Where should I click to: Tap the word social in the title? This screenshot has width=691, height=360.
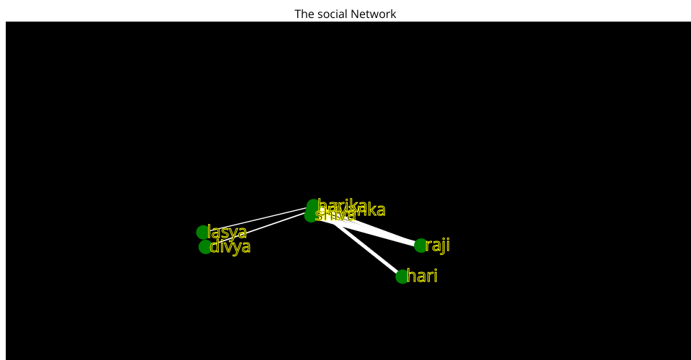[329, 14]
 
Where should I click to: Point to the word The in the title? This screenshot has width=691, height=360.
[304, 14]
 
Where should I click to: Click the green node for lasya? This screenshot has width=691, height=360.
[203, 232]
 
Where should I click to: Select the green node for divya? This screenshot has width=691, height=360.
[206, 247]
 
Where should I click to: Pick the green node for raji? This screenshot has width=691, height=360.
[421, 246]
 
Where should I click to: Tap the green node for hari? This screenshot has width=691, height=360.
[402, 276]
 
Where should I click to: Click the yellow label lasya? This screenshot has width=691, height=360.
[227, 232]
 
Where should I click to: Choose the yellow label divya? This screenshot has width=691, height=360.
[230, 247]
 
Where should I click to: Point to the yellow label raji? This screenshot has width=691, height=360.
[438, 246]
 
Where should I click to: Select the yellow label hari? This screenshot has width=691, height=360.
[423, 276]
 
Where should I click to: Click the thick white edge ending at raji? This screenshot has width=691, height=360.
[374, 232]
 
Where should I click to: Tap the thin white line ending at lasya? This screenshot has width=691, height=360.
[252, 220]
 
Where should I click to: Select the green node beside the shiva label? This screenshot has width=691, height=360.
[310, 215]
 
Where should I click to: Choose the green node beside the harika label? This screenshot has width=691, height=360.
[312, 206]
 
